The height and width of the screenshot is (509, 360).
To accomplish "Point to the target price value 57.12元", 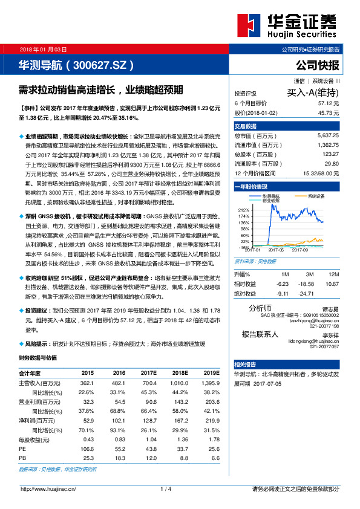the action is [327, 103].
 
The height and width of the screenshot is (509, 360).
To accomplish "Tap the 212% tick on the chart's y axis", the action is [245, 209].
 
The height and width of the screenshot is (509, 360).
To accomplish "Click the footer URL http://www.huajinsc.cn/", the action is [48, 488].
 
